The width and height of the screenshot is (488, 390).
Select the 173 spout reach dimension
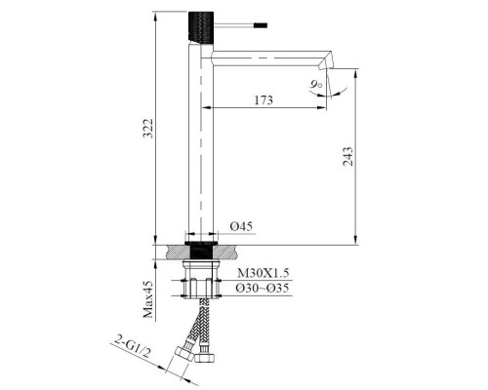tap(262, 100)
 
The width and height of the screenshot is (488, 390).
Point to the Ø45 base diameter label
tap(241, 227)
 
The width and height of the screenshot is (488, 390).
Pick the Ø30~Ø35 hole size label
tap(258, 289)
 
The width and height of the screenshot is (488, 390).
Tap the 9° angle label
tap(316, 86)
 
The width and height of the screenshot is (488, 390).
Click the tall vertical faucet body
tap(199, 146)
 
